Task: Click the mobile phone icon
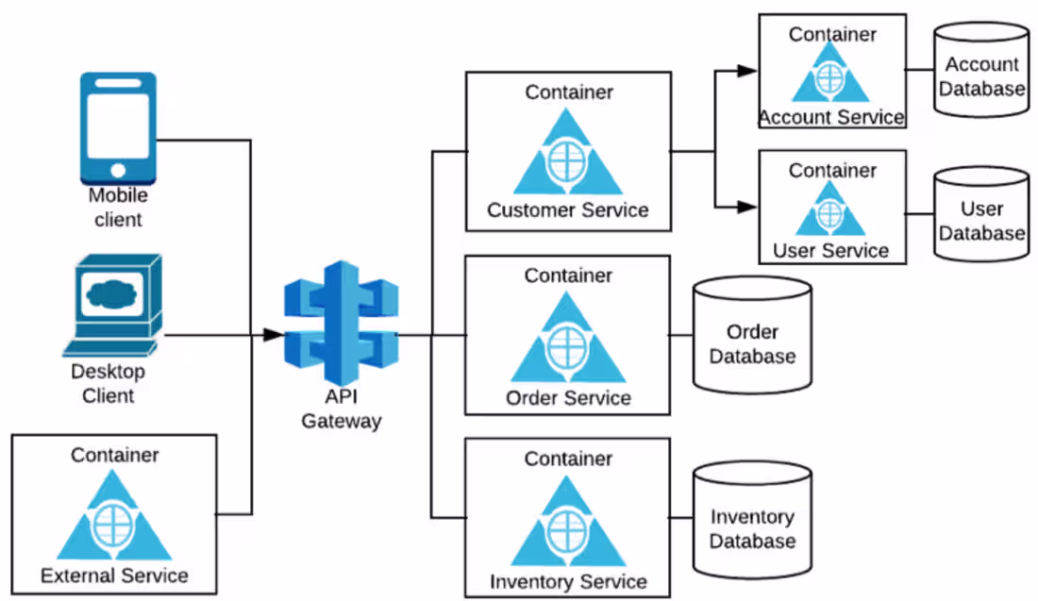pyautogui.click(x=118, y=127)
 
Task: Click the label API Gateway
pyautogui.click(x=341, y=409)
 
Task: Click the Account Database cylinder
pyautogui.click(x=981, y=70)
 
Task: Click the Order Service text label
pyautogui.click(x=568, y=397)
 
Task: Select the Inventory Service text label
pyautogui.click(x=568, y=582)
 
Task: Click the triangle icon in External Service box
pyautogui.click(x=114, y=520)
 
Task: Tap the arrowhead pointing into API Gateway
pyautogui.click(x=273, y=335)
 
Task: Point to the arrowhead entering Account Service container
pyautogui.click(x=748, y=71)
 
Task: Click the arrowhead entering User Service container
pyautogui.click(x=748, y=205)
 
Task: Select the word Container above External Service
pyautogui.click(x=114, y=455)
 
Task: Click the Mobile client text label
pyautogui.click(x=118, y=208)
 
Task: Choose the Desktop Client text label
pyautogui.click(x=108, y=383)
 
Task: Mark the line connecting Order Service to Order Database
pyautogui.click(x=682, y=335)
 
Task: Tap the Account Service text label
pyautogui.click(x=831, y=118)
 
